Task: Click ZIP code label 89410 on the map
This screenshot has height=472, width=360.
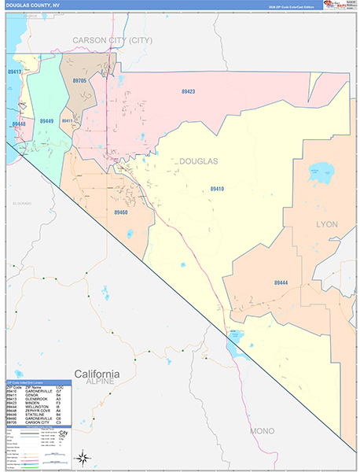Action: click(217, 189)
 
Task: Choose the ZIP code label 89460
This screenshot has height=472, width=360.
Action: click(120, 212)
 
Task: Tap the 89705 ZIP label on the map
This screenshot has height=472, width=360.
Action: click(79, 80)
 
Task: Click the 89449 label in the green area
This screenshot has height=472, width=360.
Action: click(46, 121)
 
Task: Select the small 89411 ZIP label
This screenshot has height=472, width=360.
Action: click(68, 121)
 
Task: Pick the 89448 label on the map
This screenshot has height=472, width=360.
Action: click(19, 124)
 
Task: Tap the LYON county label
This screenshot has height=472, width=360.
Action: click(326, 224)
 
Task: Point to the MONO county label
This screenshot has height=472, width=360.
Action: click(262, 432)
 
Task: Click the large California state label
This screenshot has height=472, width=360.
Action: click(97, 373)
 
